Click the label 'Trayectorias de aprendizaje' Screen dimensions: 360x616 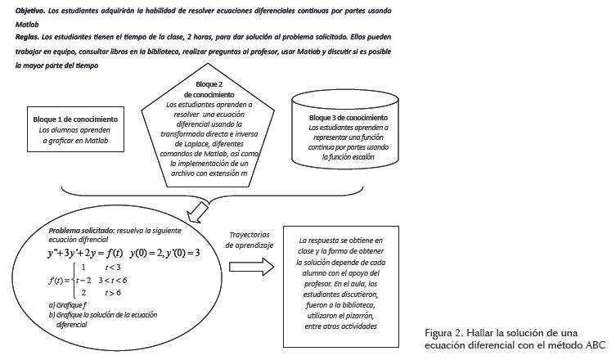(250, 240)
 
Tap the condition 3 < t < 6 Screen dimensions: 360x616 (113, 280)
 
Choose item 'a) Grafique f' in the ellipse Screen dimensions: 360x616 (69, 305)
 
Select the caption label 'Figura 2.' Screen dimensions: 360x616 (444, 333)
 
